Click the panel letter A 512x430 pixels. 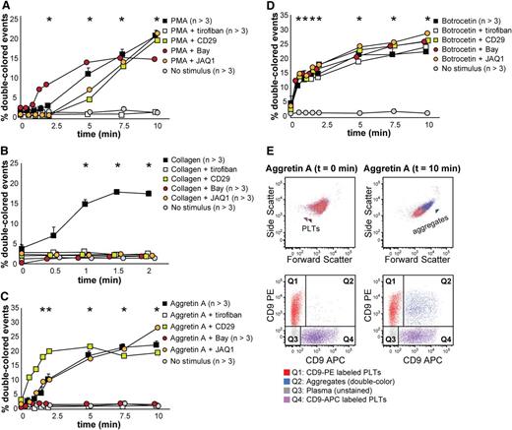8,9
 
